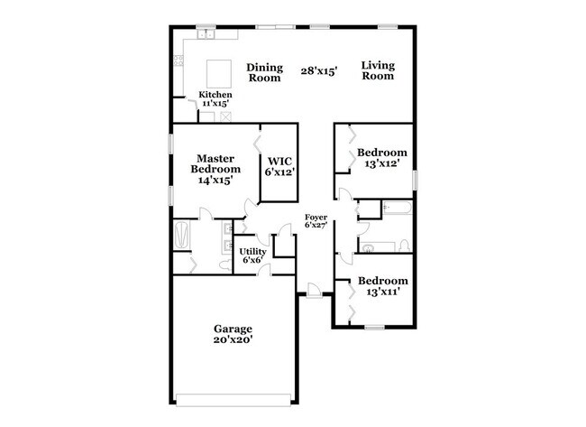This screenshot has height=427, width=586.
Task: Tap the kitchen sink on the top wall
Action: pos(206,35)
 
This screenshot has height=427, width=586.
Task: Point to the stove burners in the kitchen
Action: pos(177,62)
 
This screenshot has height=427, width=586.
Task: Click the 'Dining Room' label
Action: pos(266,71)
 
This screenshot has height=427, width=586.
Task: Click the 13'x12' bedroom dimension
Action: pos(381,164)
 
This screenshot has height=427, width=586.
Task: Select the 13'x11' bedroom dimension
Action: pos(381,292)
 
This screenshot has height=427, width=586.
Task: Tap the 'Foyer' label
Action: pos(316,218)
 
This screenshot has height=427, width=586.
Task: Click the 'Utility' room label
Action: pos(252,252)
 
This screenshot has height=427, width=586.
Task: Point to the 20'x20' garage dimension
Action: pos(233,340)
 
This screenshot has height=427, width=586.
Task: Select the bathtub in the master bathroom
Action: pos(183,237)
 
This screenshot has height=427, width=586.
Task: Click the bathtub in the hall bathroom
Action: pos(397,209)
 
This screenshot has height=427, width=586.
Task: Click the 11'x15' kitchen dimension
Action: pos(215,104)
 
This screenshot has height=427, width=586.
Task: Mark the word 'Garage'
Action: pos(233,328)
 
